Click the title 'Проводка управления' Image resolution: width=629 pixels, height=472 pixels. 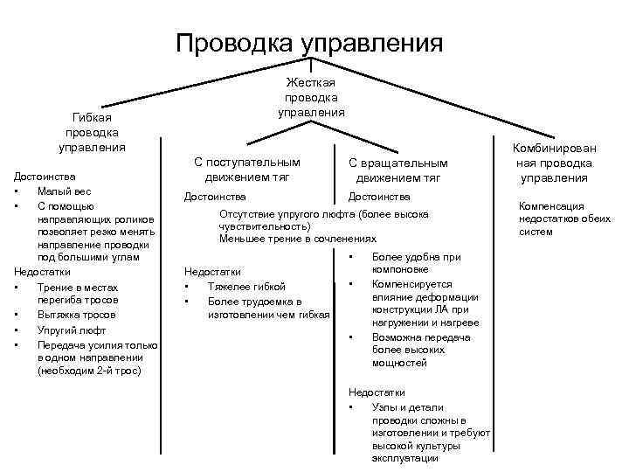tap(310, 42)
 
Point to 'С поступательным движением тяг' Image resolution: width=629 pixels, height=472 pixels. tap(246, 170)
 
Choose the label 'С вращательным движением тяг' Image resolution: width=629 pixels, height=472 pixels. tap(397, 170)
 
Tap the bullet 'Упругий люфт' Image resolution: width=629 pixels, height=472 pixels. tap(71, 330)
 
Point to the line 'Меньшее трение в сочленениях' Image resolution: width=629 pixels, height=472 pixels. tap(298, 239)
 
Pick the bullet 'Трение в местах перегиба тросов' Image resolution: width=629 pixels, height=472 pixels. tap(76, 294)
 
